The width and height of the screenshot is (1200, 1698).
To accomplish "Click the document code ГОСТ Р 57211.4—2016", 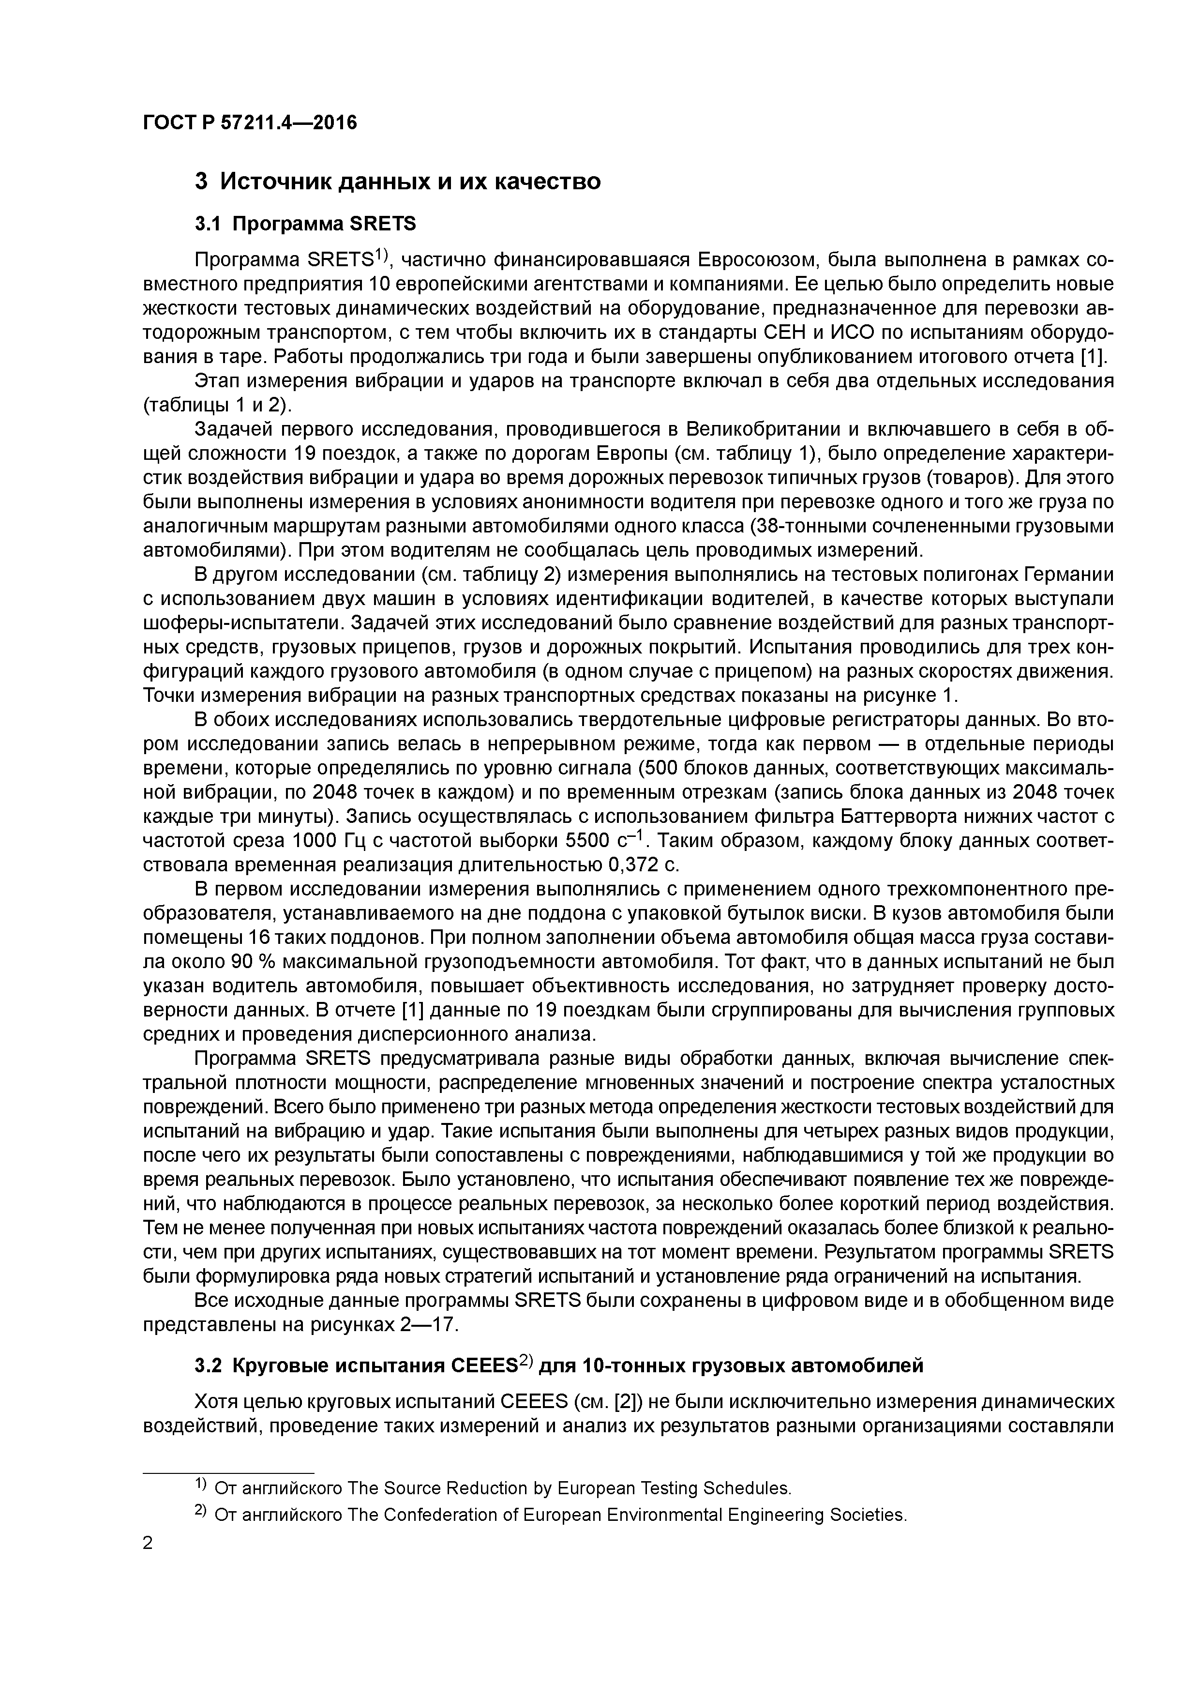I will coord(249,122).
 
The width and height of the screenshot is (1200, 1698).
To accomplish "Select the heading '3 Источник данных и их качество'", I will coord(397,181).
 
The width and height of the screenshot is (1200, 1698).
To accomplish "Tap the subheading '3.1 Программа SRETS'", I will coord(305,223).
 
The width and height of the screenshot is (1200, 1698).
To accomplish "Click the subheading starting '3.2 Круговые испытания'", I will coord(559,1365).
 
